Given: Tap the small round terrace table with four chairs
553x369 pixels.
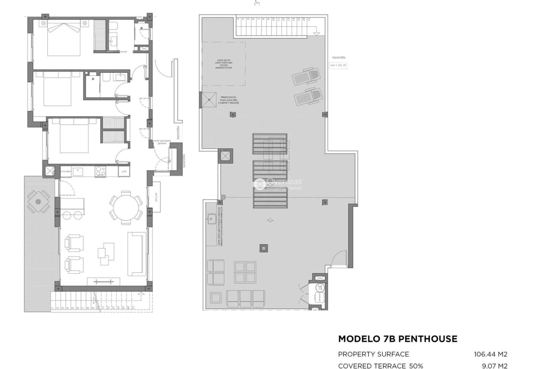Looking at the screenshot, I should pyautogui.click(x=38, y=202).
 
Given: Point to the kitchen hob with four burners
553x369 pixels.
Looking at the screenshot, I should pyautogui.click(x=100, y=171).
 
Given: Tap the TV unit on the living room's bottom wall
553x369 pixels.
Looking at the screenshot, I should pyautogui.click(x=103, y=282).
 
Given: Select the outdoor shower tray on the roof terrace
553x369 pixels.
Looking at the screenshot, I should pyautogui.click(x=209, y=100).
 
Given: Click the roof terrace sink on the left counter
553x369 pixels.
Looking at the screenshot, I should pyautogui.click(x=211, y=219).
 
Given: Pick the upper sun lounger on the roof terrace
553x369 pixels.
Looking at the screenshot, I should pyautogui.click(x=306, y=76).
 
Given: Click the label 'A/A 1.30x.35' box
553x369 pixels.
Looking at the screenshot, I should pyautogui.click(x=338, y=65).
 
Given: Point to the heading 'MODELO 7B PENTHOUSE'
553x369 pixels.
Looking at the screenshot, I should pyautogui.click(x=398, y=339).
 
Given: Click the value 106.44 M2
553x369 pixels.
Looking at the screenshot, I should pyautogui.click(x=490, y=354).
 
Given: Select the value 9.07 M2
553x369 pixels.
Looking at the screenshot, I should pyautogui.click(x=495, y=366).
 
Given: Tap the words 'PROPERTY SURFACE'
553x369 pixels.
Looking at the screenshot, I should pyautogui.click(x=374, y=354).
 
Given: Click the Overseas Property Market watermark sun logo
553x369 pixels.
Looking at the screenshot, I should pyautogui.click(x=260, y=184).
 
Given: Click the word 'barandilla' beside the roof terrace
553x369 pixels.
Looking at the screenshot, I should pyautogui.click(x=339, y=57).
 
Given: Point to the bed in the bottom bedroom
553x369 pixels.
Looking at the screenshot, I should pyautogui.click(x=74, y=135).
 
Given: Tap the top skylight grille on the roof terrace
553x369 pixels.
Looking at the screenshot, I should pyautogui.click(x=270, y=144).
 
